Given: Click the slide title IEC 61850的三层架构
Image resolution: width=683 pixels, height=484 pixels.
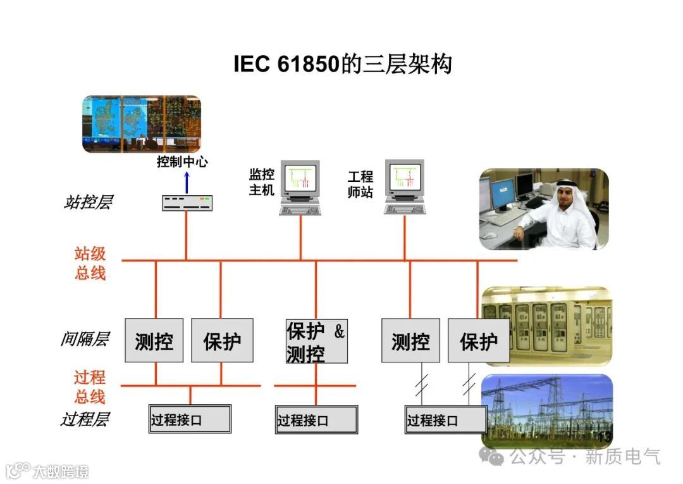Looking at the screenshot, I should click(x=342, y=64).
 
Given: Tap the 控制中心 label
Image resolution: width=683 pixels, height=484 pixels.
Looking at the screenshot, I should click(x=182, y=162).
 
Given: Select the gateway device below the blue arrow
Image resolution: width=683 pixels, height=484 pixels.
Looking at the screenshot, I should click(x=187, y=203).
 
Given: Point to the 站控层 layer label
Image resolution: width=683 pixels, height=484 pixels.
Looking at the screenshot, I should click(x=88, y=203).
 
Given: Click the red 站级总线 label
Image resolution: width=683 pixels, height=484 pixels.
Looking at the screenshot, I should click(x=90, y=264).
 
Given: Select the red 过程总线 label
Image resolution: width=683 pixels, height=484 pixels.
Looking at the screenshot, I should click(x=90, y=387).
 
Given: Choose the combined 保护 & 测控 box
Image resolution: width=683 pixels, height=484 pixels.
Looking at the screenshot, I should click(x=316, y=341).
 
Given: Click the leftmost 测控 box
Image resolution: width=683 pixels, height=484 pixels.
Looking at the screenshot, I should click(x=154, y=341).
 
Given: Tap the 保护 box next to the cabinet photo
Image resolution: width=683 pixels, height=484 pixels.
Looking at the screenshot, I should click(x=478, y=341).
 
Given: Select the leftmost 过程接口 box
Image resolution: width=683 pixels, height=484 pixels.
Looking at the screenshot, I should click(x=190, y=419).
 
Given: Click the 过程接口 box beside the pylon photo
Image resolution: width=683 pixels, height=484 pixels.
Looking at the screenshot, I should click(x=445, y=420).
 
